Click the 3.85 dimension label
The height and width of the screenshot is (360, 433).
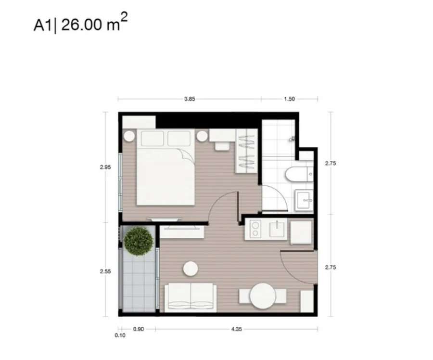point(190,99)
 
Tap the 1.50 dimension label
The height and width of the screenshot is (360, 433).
point(290,99)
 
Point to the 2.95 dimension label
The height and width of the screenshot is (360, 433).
point(105,167)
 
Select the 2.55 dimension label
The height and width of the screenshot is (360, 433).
point(105,271)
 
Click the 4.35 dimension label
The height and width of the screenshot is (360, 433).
point(236,329)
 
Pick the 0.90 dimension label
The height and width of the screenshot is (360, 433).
point(139,329)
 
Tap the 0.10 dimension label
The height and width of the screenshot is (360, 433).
point(120,335)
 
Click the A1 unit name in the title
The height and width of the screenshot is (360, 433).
point(42,26)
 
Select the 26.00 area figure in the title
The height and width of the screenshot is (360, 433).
point(81,25)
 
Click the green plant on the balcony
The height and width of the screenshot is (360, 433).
point(139,242)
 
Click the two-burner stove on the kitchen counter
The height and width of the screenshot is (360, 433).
point(255,229)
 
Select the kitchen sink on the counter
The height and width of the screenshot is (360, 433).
point(277,229)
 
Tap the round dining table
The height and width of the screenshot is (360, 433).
point(263,296)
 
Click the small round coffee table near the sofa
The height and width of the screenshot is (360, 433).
point(191,268)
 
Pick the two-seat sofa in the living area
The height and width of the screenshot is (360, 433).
point(191,297)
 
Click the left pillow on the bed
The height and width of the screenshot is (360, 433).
point(153,139)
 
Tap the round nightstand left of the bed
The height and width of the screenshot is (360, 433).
point(129,136)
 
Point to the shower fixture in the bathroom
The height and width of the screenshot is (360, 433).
point(292,139)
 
